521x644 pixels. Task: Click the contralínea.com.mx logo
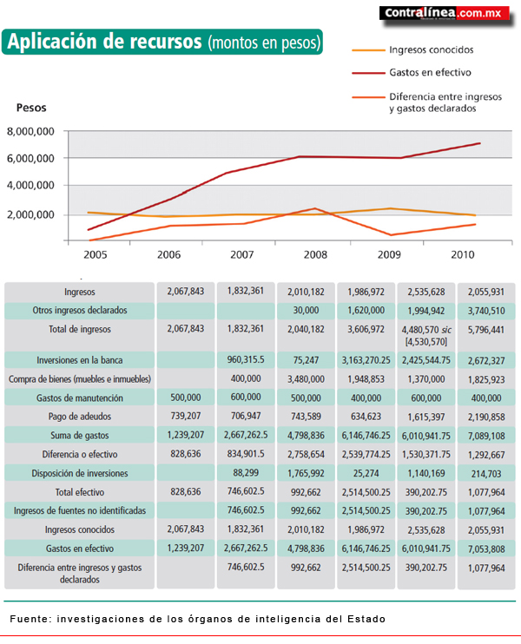[445, 13]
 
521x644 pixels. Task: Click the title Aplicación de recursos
[104, 41]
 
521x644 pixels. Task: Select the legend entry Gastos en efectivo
[430, 72]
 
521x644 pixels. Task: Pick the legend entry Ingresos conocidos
[432, 49]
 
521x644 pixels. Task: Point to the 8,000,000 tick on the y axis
[30, 131]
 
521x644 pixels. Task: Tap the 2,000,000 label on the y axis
[30, 214]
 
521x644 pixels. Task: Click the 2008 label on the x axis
[315, 254]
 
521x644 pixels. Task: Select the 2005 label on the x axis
[95, 254]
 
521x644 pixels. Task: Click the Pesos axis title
[31, 108]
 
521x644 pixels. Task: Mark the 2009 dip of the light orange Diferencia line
[391, 235]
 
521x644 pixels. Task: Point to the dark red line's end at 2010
[479, 143]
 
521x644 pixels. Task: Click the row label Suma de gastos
[80, 436]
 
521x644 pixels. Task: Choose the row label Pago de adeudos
[80, 417]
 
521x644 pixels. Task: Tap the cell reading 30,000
[306, 311]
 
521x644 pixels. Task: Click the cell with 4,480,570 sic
[426, 330]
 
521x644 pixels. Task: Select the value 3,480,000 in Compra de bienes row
[306, 379]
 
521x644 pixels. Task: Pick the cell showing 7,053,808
[486, 549]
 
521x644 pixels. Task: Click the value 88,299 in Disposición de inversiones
[246, 473]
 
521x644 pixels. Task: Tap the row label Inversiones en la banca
[80, 360]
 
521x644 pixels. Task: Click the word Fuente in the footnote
[30, 619]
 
